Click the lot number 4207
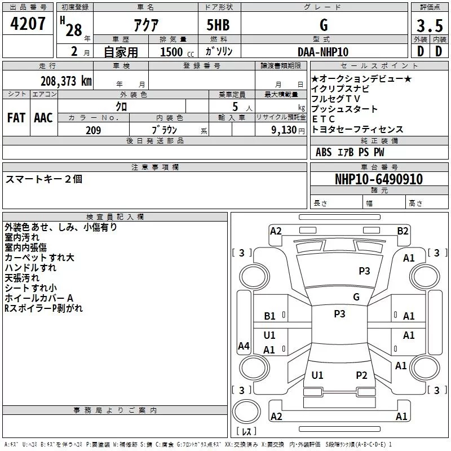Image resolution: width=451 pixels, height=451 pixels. tap(28, 25)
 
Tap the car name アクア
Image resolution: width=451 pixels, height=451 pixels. tap(145, 25)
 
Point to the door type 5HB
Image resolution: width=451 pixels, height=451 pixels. tap(218, 25)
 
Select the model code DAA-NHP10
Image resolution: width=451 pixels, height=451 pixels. tap(323, 52)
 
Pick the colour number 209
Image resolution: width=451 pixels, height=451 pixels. tap(93, 130)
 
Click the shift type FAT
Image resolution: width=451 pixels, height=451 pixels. tap(16, 118)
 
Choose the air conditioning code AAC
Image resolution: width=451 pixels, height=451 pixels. tap(43, 118)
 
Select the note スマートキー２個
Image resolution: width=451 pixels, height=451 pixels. tap(44, 179)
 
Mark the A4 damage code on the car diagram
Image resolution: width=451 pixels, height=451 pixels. tap(244, 346)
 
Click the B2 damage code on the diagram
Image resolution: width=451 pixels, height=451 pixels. tap(403, 231)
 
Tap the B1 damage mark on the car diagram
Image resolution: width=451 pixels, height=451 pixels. tap(270, 316)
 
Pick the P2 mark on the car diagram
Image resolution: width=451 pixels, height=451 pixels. tap(361, 375)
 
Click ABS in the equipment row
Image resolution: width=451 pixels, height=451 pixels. tap(324, 152)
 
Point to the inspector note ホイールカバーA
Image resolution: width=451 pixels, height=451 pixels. tap(39, 298)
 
